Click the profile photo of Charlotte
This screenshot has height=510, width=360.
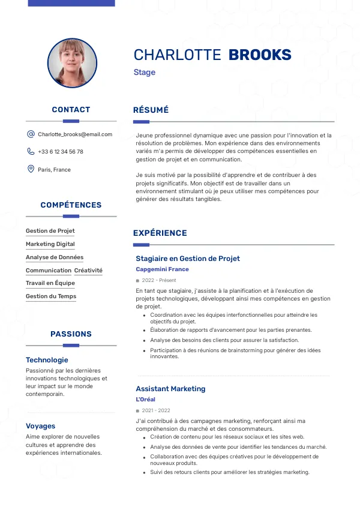(72, 63)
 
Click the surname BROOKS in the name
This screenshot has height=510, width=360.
(260, 55)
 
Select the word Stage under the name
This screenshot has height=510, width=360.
(145, 73)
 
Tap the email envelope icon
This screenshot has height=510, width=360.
(31, 134)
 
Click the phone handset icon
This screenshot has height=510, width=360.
(31, 152)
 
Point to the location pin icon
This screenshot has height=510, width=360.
(31, 169)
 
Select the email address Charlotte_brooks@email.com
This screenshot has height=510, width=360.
(75, 134)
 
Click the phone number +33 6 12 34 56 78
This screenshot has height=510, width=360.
(61, 152)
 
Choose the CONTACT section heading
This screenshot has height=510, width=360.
(71, 110)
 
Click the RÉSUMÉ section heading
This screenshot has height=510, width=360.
(151, 110)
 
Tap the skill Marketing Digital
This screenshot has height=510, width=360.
(50, 244)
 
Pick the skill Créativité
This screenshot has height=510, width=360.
(88, 271)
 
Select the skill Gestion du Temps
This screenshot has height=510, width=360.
(51, 296)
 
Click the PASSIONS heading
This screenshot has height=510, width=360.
(71, 334)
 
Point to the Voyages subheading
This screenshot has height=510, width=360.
(41, 426)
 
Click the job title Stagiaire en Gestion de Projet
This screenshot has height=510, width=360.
(188, 259)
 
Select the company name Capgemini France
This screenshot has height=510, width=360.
(162, 269)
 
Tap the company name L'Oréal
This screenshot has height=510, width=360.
(145, 400)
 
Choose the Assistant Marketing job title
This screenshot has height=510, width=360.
(170, 389)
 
